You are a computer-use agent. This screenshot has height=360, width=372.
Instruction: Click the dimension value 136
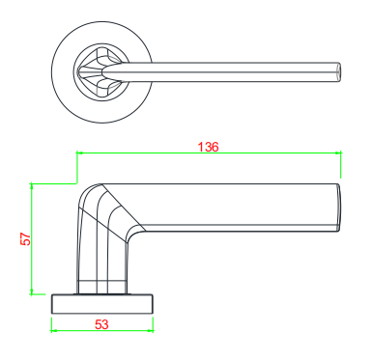coord(208,147)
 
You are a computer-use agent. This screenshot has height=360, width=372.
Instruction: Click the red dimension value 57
coord(26,237)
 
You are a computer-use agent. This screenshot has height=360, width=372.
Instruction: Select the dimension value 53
coord(101,324)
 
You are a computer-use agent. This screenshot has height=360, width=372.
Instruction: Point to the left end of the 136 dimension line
coord(77,152)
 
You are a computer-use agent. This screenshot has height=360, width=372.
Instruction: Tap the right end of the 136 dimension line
coord(341,152)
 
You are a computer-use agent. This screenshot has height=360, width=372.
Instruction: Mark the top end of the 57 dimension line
coord(33,183)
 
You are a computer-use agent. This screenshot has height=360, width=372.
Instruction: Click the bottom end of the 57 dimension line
coord(33,293)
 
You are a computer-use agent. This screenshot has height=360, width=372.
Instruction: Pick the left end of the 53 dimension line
coord(51,331)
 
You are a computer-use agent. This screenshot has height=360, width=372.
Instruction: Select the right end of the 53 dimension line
coord(154,331)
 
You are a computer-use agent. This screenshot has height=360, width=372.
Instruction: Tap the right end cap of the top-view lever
coord(337,72)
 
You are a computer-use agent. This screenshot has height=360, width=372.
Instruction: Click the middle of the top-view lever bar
coord(232,70)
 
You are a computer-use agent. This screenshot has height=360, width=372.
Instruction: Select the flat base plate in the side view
coord(101,303)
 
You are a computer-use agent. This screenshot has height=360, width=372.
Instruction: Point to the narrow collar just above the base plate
coord(101,287)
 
